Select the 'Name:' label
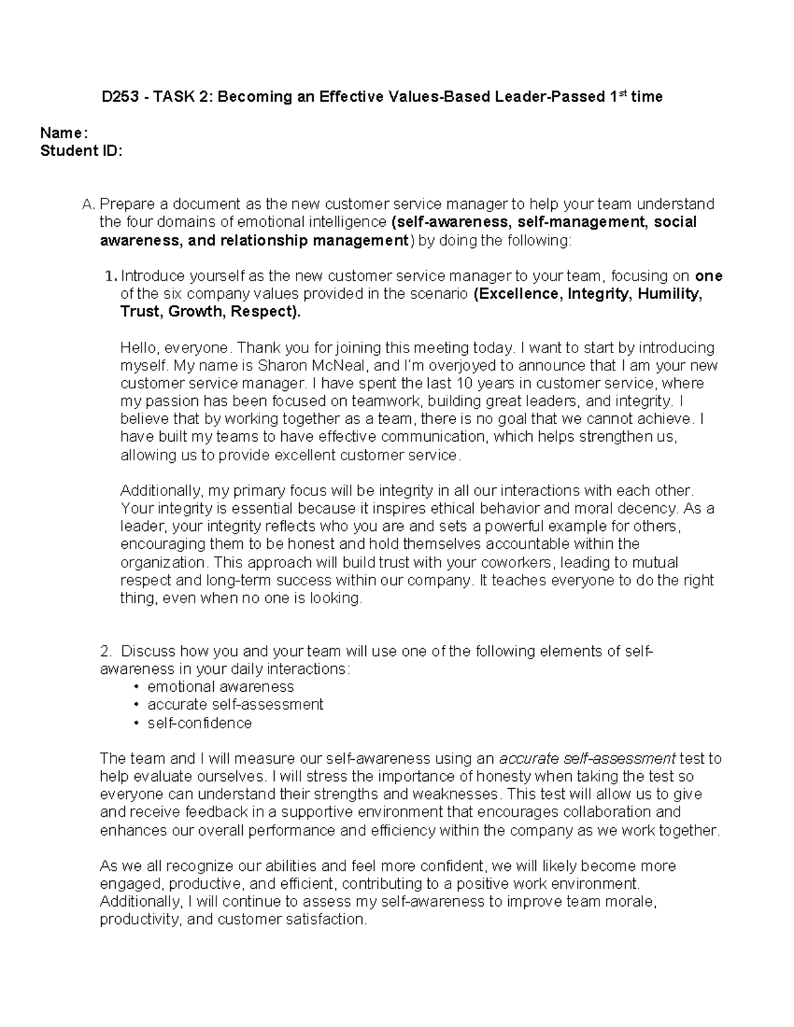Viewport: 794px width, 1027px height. coord(64,133)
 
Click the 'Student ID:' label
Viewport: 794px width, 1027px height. coord(81,151)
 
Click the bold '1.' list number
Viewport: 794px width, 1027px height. coord(110,276)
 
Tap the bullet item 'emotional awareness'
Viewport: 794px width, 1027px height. coord(220,686)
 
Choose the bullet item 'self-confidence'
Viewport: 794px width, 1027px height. coord(199,723)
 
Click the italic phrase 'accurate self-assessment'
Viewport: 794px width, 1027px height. coord(587,759)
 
